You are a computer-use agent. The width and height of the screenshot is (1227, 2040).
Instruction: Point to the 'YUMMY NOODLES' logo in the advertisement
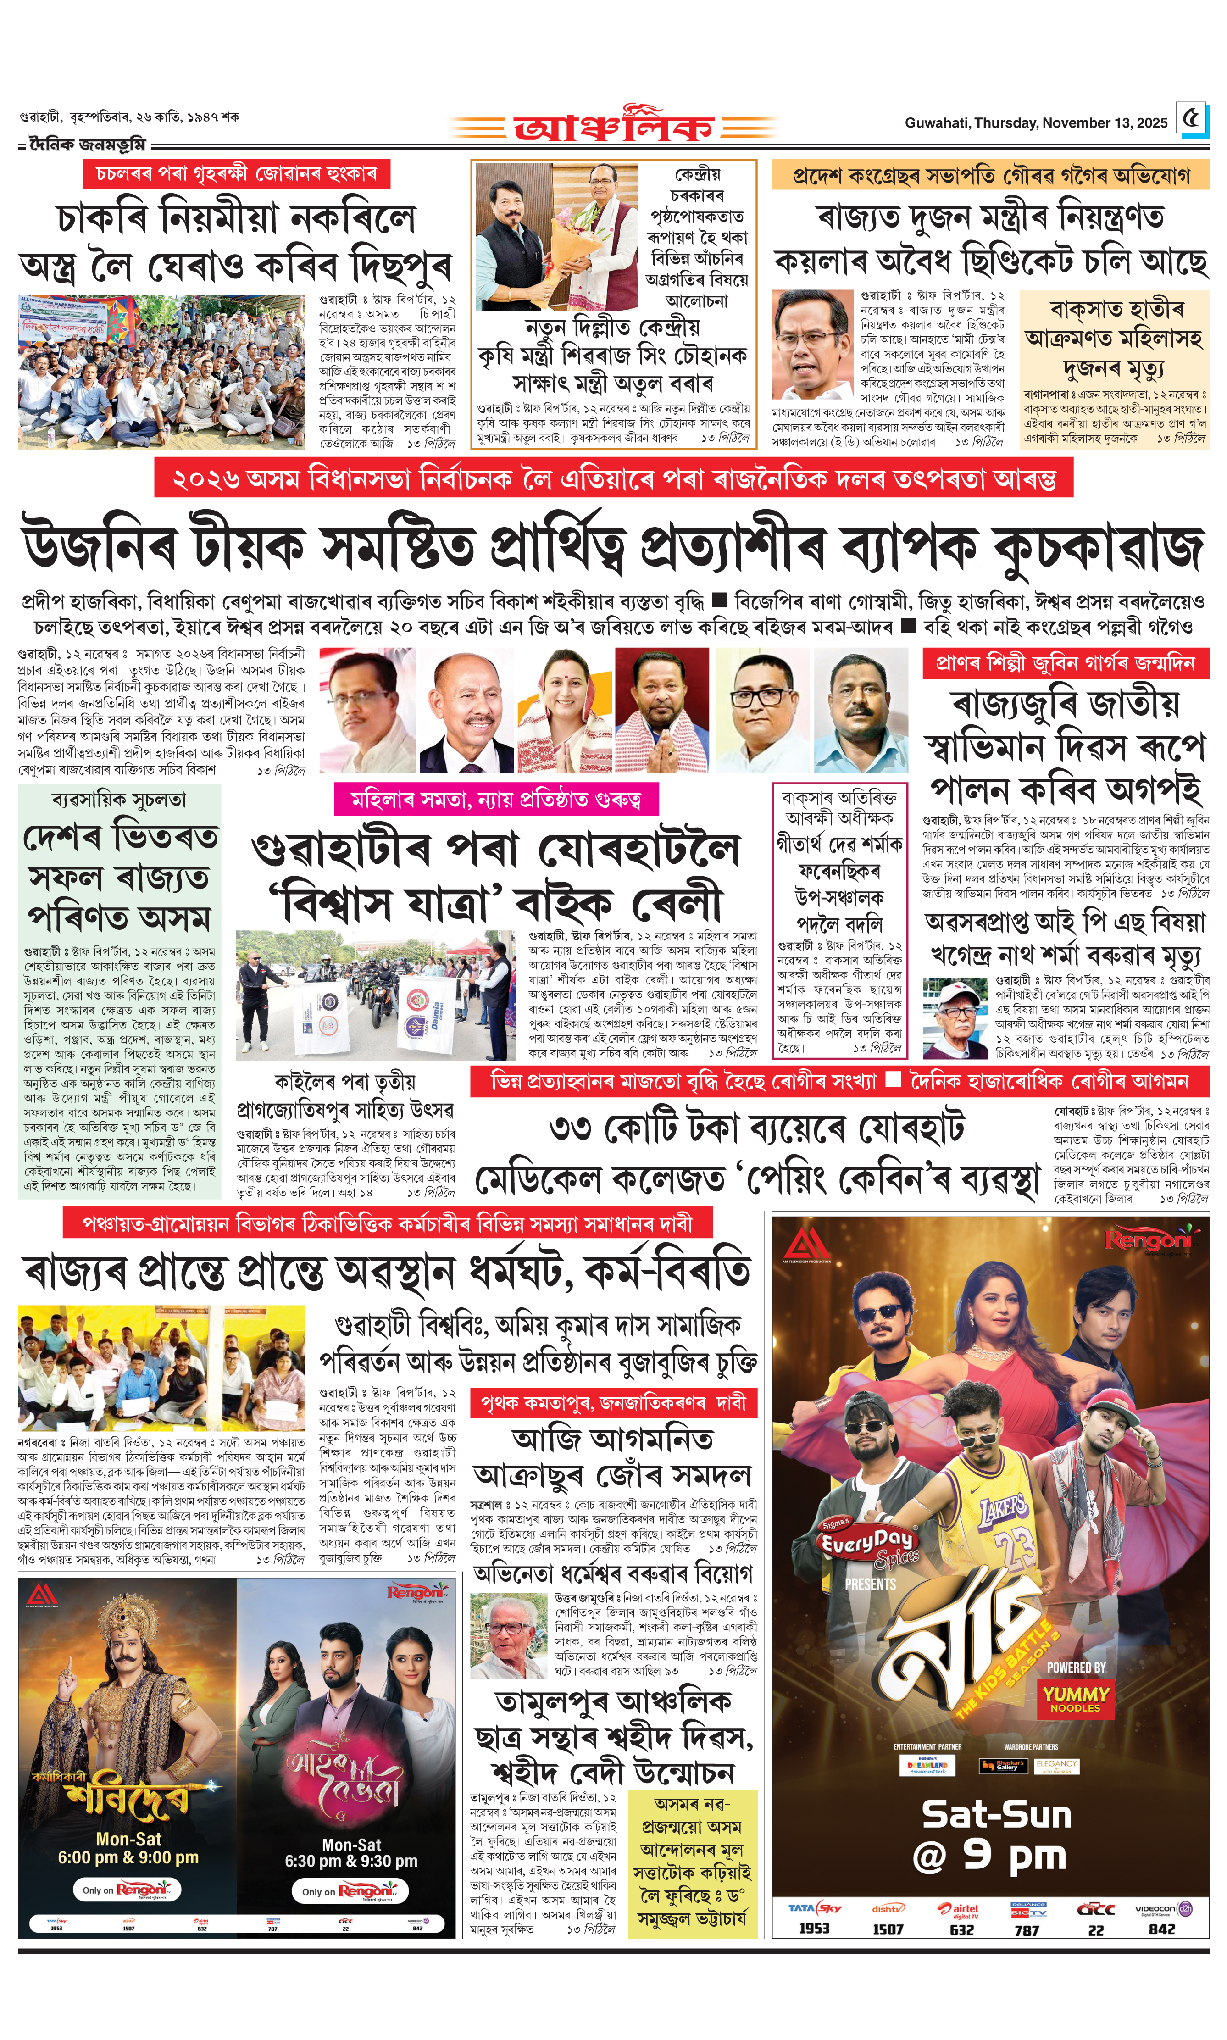coord(1075,1699)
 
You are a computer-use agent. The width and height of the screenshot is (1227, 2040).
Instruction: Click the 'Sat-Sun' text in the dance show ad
coord(996,1815)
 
